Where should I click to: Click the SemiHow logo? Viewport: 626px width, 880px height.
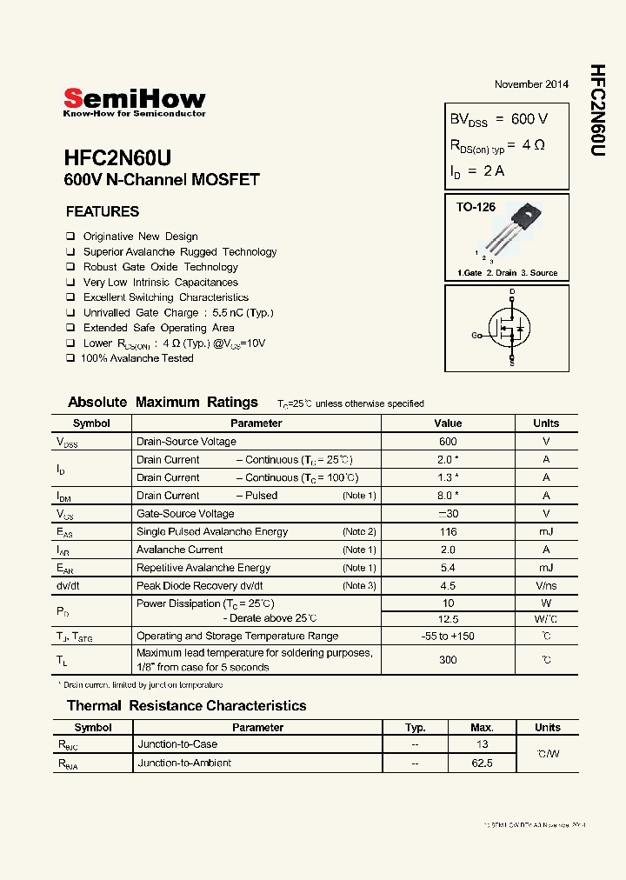pos(135,102)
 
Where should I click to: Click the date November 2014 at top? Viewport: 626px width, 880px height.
pos(531,84)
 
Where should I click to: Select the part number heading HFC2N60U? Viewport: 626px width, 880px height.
pos(117,158)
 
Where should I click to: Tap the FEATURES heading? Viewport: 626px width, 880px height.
pos(103,211)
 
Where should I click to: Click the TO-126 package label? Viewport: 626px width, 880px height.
pos(476,207)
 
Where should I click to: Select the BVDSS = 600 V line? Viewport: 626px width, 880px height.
pos(498,119)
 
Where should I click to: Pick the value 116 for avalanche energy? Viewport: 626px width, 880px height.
pos(448,531)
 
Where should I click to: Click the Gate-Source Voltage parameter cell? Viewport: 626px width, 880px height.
pos(185,513)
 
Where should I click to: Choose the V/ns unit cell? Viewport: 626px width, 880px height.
pos(546,586)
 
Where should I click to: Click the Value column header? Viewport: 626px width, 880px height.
pos(448,423)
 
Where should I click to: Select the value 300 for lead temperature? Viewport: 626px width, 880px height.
pos(448,660)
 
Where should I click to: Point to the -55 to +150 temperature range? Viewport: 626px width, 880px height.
pos(448,637)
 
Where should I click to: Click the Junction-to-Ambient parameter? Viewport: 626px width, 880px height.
pos(184,763)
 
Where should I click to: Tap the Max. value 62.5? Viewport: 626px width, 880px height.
pos(482,763)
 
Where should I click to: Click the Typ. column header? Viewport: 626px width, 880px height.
pos(416,728)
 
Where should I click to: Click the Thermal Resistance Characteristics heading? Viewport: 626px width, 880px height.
pos(187,706)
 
